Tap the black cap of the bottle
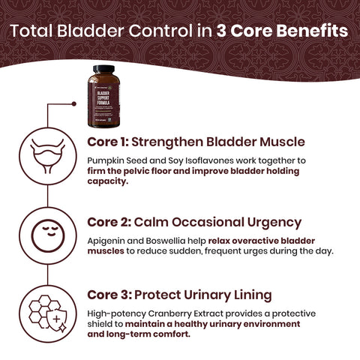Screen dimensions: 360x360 (102, 70)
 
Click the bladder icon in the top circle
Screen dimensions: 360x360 (49, 154)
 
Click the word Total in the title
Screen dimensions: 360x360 (34, 32)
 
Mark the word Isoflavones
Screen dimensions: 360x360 (214, 160)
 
